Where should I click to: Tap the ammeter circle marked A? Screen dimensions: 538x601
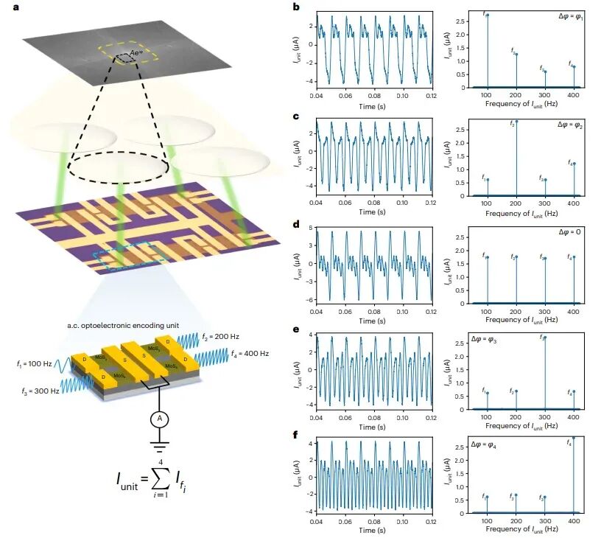(156, 419)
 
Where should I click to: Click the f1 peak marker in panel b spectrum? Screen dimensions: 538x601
(487, 15)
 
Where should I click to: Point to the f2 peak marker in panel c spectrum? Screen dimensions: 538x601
(516, 122)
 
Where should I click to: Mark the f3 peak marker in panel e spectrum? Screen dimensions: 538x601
(545, 338)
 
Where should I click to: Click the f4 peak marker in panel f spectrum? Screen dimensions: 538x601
(574, 438)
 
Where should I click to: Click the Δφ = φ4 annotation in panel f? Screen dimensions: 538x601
(488, 446)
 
